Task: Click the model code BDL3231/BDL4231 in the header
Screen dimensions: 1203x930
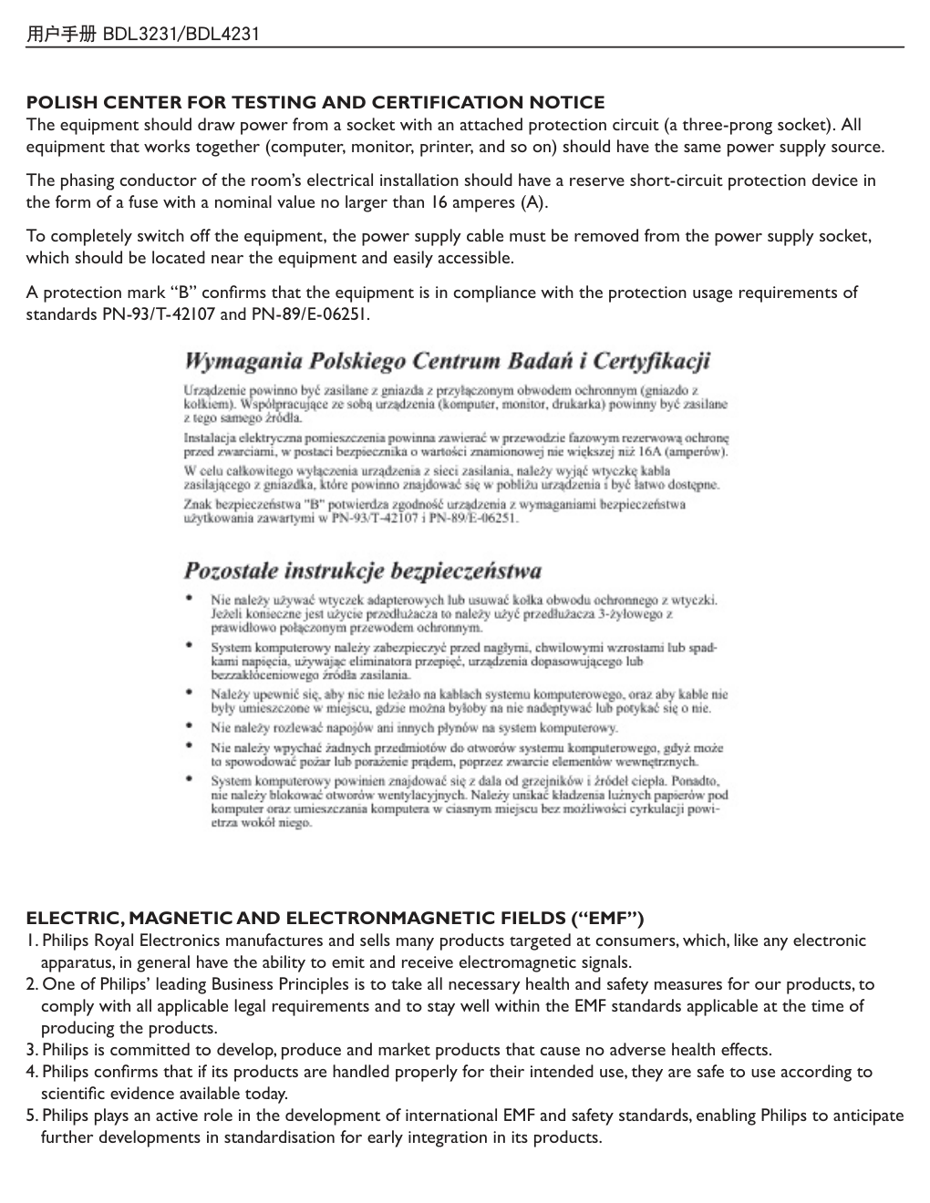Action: click(x=181, y=35)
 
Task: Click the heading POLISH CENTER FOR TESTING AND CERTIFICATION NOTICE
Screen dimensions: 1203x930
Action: click(x=315, y=102)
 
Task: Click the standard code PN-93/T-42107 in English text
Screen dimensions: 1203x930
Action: click(x=160, y=314)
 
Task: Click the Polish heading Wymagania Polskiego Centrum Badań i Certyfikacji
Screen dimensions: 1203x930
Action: click(x=447, y=361)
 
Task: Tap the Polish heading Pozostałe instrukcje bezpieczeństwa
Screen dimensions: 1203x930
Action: click(x=362, y=571)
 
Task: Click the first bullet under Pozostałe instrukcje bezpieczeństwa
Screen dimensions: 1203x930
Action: click(x=189, y=600)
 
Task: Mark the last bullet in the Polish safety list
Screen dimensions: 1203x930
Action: click(x=189, y=780)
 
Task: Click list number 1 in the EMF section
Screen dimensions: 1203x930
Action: click(x=32, y=941)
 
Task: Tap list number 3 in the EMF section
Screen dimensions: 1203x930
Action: click(x=32, y=1050)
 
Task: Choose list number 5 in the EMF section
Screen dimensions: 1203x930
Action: click(x=32, y=1116)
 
